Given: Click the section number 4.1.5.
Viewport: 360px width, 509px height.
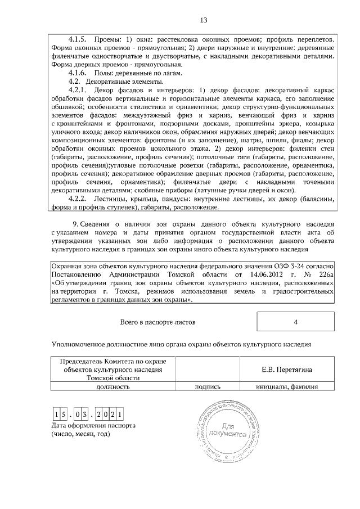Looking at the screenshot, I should click(76, 39).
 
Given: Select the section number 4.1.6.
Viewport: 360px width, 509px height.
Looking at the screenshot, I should click(76, 73).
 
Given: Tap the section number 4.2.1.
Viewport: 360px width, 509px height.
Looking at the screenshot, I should click(76, 90).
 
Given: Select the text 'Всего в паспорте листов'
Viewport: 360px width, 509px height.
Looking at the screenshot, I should click(157, 323).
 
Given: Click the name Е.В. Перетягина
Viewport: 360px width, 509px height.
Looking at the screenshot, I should click(287, 370).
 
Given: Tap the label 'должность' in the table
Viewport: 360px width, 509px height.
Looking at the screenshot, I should click(113, 386).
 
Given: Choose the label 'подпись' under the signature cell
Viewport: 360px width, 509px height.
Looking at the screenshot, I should click(208, 386).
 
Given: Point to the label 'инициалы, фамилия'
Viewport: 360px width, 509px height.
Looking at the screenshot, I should click(287, 386).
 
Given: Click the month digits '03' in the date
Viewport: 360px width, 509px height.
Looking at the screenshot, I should click(84, 416).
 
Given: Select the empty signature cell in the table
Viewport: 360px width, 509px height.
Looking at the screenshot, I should click(208, 370).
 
